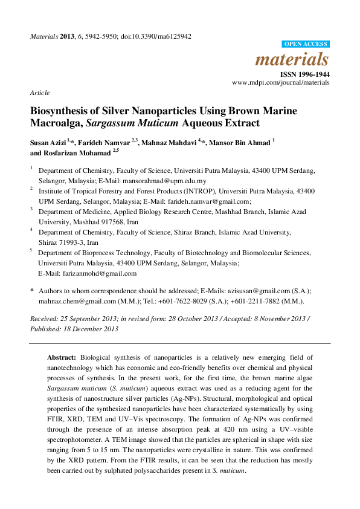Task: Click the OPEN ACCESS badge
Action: [306, 44]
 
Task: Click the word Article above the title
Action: [39, 93]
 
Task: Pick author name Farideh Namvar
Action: [105, 143]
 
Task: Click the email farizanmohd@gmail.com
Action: [89, 273]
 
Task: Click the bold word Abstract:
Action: [63, 358]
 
